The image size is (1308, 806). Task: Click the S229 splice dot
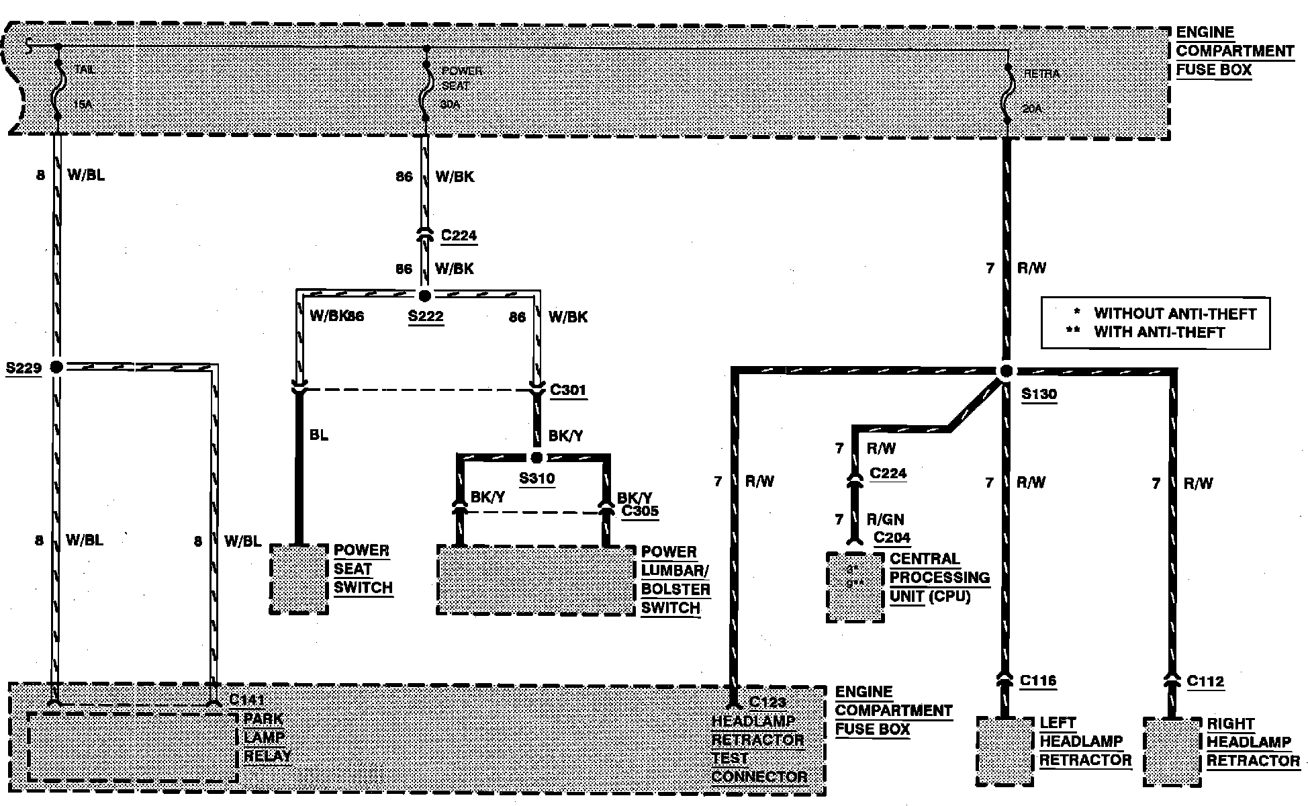(56, 367)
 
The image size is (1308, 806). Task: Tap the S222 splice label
(426, 316)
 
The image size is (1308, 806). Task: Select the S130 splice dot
(1005, 371)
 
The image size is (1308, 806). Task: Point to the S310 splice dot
(536, 458)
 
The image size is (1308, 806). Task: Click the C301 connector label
(568, 390)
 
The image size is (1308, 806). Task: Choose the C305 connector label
(640, 511)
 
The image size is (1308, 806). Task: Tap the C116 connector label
(1038, 681)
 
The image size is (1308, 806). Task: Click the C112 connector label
(1205, 682)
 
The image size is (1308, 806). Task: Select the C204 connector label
(892, 537)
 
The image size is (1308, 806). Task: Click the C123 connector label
(767, 703)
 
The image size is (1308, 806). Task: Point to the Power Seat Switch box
(299, 578)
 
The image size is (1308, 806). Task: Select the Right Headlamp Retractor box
(1172, 751)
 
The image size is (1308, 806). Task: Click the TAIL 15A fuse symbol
(58, 87)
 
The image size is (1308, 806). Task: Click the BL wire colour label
(319, 435)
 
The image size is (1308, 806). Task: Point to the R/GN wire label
(885, 519)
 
